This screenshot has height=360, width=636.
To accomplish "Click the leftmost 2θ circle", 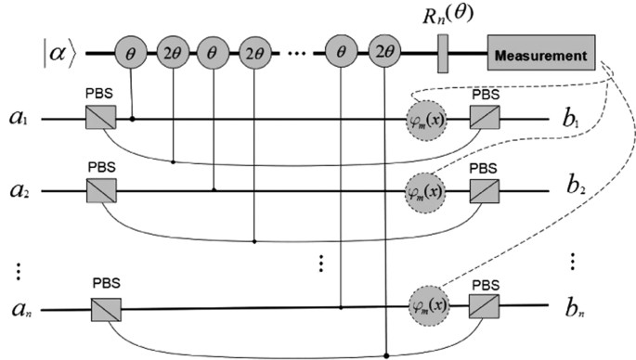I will [x=174, y=57].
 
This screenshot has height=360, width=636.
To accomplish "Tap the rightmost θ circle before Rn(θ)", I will [x=344, y=57].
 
